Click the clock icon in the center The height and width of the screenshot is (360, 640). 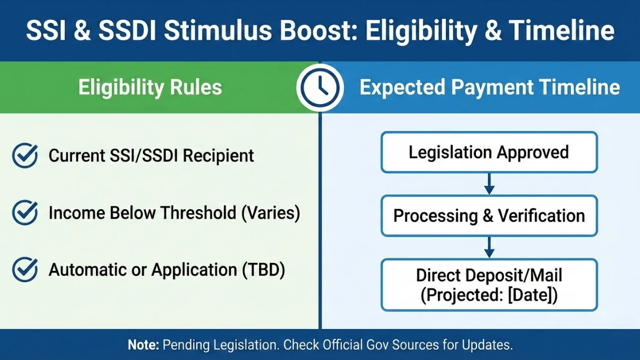coord(319,87)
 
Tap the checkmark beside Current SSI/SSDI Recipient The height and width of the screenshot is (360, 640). coord(25,156)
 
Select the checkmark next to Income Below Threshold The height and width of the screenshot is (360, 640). coord(25,213)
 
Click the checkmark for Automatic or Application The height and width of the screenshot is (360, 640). coord(25,270)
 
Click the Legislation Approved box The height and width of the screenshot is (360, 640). coord(489,153)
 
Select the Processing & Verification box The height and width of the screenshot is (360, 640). coord(489,216)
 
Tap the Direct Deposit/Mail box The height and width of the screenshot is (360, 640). coord(489,285)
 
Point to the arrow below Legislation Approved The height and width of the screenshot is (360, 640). coord(489,184)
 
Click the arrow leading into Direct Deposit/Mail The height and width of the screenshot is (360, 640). coord(489,247)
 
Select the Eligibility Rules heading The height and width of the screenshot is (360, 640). coord(150,87)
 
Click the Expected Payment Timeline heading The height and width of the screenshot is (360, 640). coord(490,87)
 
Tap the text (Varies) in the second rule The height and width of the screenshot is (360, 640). coord(271,213)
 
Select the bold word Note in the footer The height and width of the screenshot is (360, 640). coord(143,345)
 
